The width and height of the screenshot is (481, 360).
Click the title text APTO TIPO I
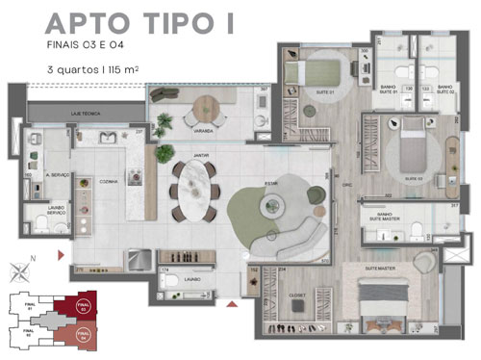click(x=139, y=23)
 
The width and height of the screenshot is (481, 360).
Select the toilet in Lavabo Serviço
click(x=41, y=224)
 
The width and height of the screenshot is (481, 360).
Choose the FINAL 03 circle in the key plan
click(x=83, y=309)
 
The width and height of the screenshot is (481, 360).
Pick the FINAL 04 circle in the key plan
click(x=83, y=337)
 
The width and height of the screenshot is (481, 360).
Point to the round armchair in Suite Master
click(x=424, y=263)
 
